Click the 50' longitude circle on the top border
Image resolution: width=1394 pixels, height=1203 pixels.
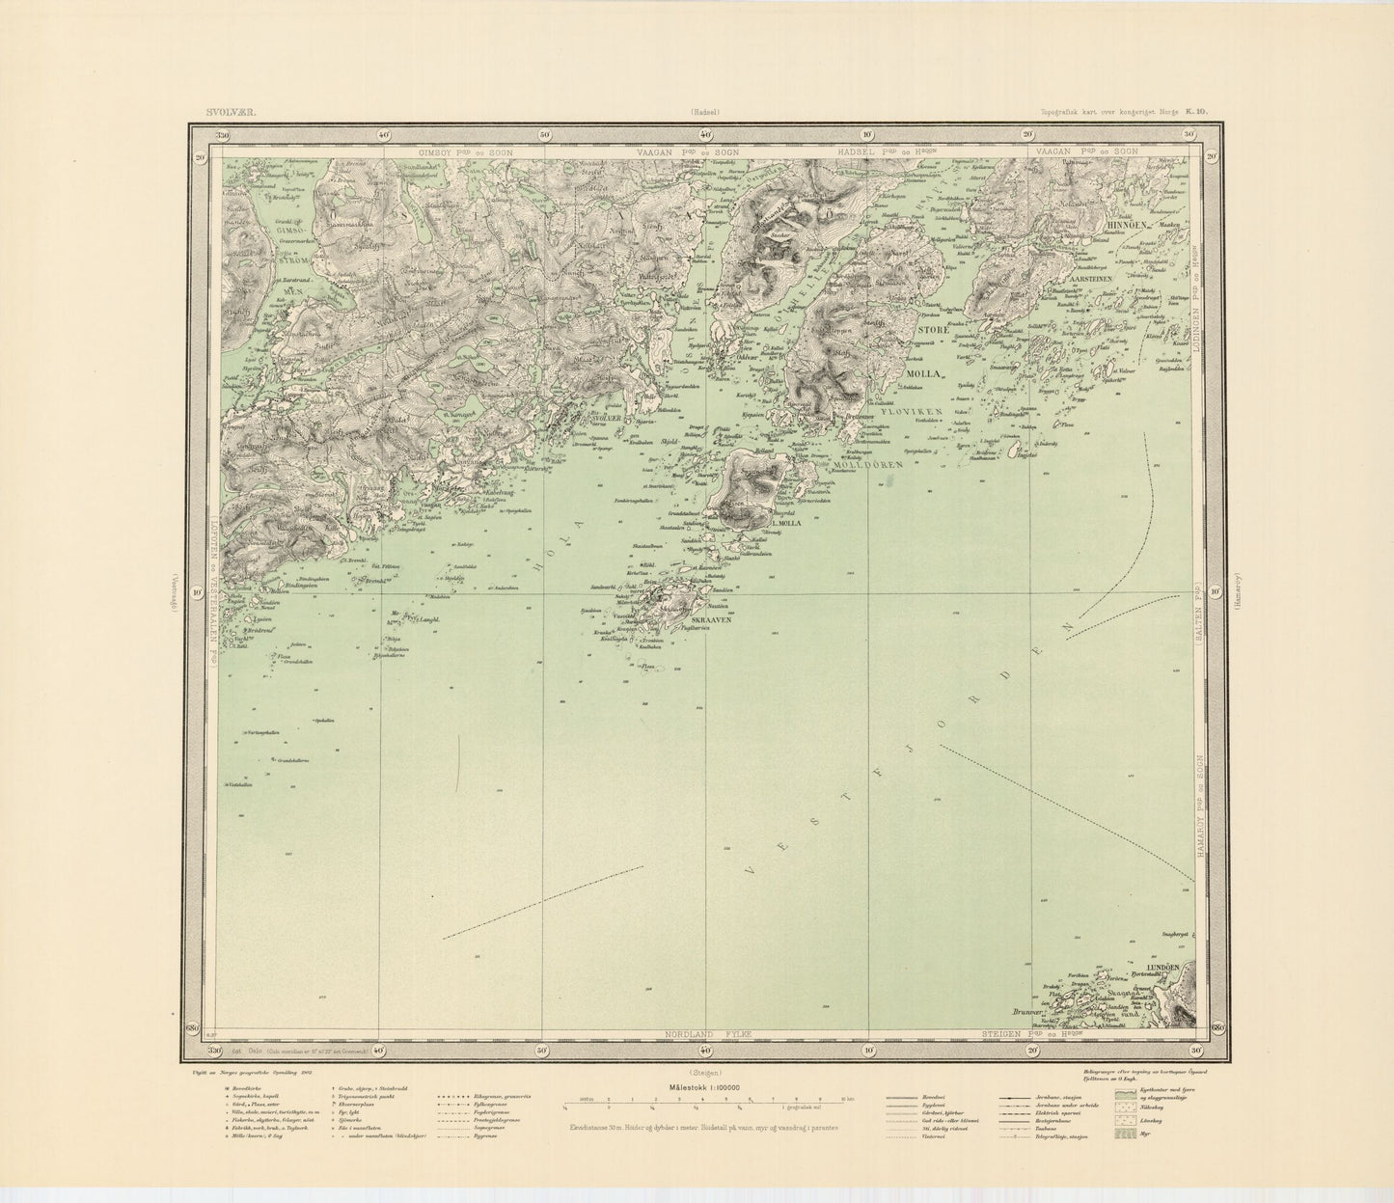tap(544, 135)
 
